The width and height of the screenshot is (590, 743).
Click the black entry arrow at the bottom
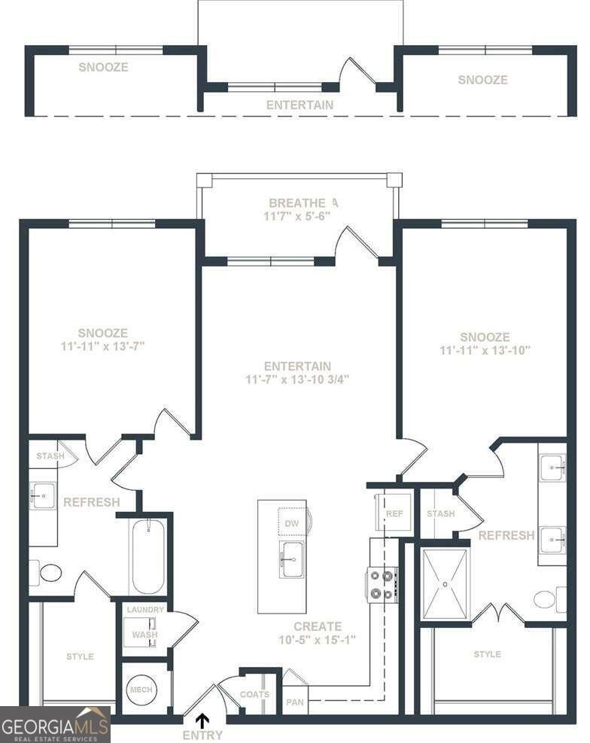pos(202,720)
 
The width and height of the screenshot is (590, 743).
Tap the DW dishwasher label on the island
pos(292,524)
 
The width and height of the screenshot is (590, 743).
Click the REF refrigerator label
pos(394,513)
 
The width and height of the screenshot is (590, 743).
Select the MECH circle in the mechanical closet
pos(141,690)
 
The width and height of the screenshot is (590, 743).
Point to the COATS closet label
pos(255,694)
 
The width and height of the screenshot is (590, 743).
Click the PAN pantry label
pos(295,702)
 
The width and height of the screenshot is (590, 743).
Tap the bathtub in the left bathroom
pos(148,557)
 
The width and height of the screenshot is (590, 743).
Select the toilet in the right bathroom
pos(550,599)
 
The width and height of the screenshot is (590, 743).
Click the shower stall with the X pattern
pos(445,584)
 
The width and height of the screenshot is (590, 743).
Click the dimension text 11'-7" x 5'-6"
pos(297,217)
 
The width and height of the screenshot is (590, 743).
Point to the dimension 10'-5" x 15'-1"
pos(318,640)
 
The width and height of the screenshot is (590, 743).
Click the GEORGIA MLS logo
pos(56,725)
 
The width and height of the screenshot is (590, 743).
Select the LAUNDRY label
pos(145,610)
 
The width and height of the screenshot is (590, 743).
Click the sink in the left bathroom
pos(43,496)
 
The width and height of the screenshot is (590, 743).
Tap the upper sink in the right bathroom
pos(552,467)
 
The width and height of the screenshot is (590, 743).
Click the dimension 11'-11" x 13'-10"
pos(485,351)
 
